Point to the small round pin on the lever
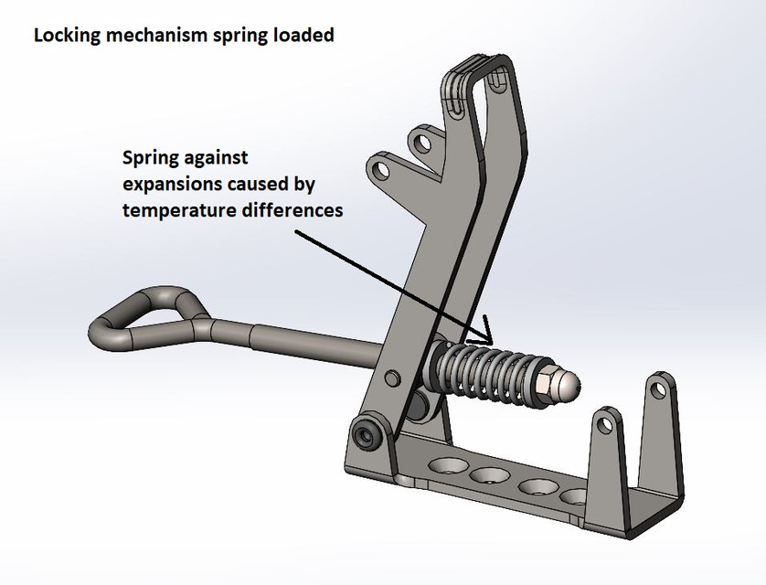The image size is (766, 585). pyautogui.click(x=392, y=378)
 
